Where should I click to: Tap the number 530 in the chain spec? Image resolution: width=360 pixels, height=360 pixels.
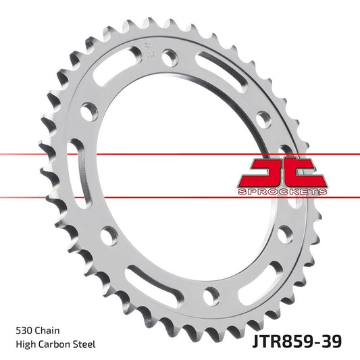[x=25, y=331]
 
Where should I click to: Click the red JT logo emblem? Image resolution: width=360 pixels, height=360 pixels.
[x=282, y=174]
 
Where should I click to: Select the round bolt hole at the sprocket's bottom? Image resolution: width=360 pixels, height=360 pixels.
[x=212, y=294]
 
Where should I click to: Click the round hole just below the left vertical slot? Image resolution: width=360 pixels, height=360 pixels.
[x=107, y=234]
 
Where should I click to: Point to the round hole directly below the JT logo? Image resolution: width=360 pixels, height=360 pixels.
[x=284, y=234]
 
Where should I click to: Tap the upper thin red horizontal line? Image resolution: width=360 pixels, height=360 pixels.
[x=135, y=154]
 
